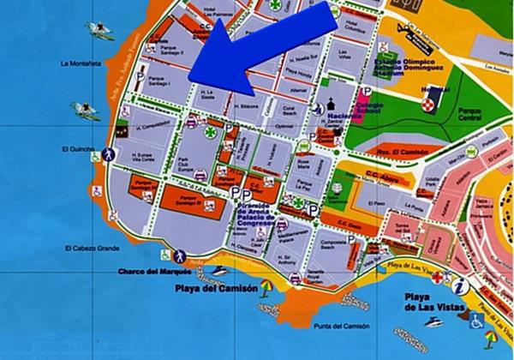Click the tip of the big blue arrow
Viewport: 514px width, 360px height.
point(190,80)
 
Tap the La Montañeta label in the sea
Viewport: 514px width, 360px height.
point(78,63)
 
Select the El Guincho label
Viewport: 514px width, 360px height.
point(76,149)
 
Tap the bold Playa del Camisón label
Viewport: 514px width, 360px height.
point(219,289)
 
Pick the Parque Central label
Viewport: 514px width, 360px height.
point(470,113)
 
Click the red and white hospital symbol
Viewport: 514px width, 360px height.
point(428,104)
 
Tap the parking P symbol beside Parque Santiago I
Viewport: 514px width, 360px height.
point(140,75)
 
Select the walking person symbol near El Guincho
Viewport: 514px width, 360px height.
point(109,154)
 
